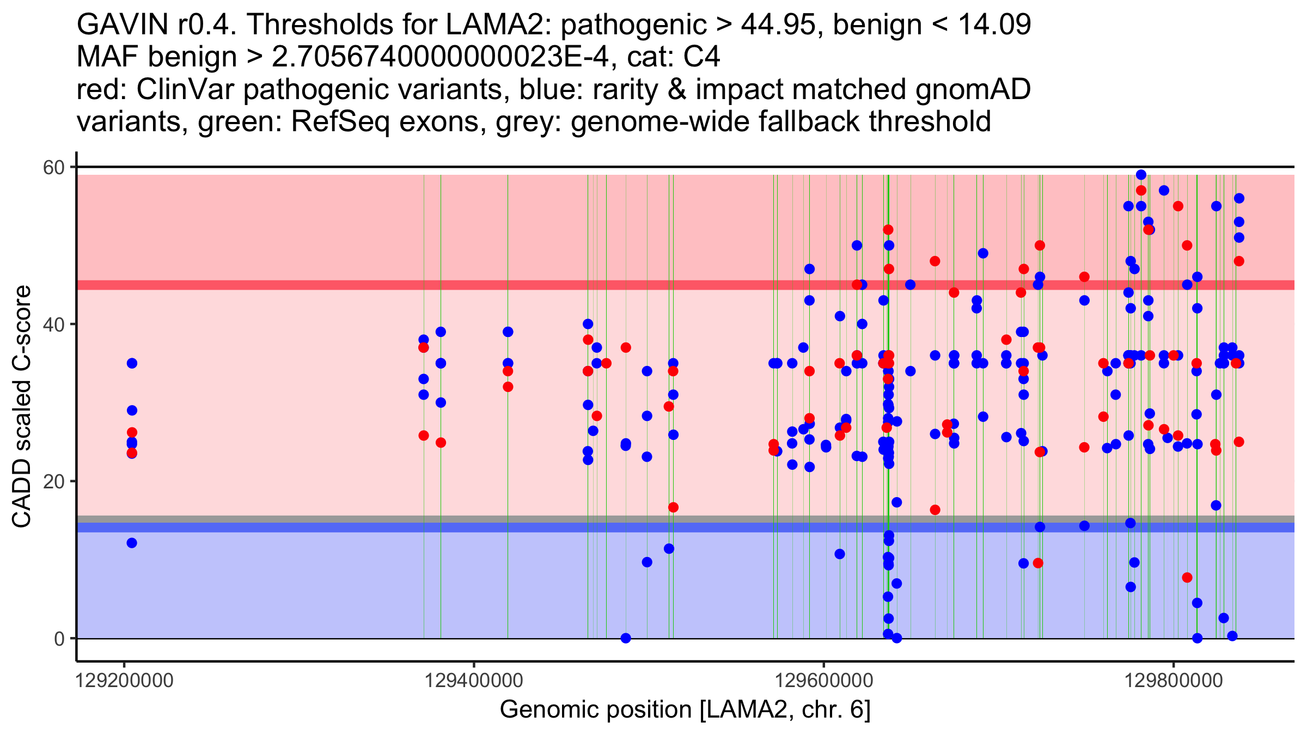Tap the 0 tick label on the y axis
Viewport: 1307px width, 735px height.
[x=59, y=638]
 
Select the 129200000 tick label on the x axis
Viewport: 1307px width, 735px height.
[x=124, y=681]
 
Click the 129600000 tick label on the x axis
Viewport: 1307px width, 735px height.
[x=823, y=681]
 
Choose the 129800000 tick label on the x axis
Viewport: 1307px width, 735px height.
[x=1174, y=681]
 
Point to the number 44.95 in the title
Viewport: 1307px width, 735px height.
[x=780, y=24]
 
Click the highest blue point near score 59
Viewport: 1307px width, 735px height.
[x=1141, y=175]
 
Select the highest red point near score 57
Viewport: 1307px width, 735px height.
[x=1141, y=191]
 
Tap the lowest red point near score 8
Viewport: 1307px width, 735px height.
[x=1187, y=578]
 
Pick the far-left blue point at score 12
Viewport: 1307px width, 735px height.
[x=132, y=543]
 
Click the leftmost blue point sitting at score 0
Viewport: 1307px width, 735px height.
[x=626, y=638]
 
